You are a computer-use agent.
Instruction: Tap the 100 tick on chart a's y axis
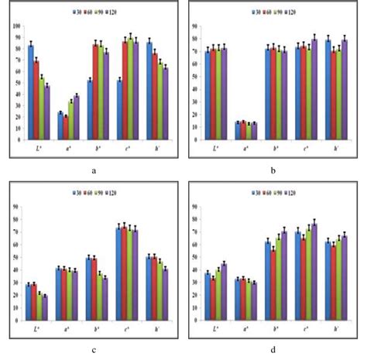(16, 26)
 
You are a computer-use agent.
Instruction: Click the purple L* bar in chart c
(46, 308)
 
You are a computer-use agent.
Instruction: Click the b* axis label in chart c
(94, 328)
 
